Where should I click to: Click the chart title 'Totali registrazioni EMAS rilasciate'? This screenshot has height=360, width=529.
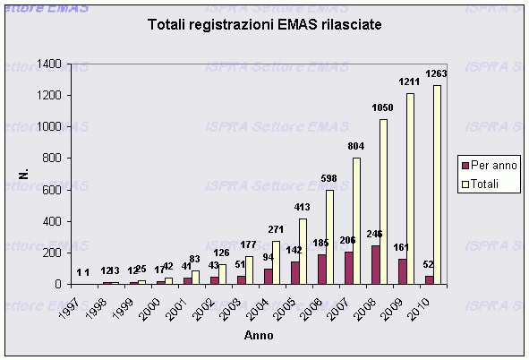pyautogui.click(x=264, y=25)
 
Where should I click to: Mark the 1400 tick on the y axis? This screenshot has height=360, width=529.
pyautogui.click(x=48, y=64)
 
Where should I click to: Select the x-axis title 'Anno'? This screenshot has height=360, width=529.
pyautogui.click(x=260, y=336)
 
